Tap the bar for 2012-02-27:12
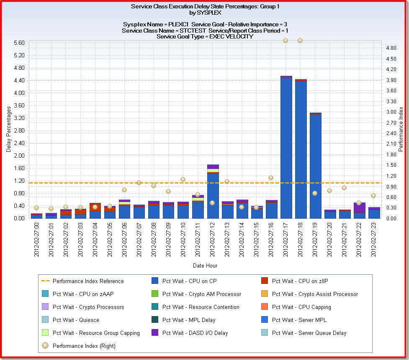[213, 192]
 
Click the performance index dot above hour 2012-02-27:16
[271, 178]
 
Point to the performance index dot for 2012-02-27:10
[183, 179]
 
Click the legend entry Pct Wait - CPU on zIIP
[296, 281]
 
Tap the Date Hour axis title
[205, 266]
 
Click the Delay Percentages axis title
[9, 129]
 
